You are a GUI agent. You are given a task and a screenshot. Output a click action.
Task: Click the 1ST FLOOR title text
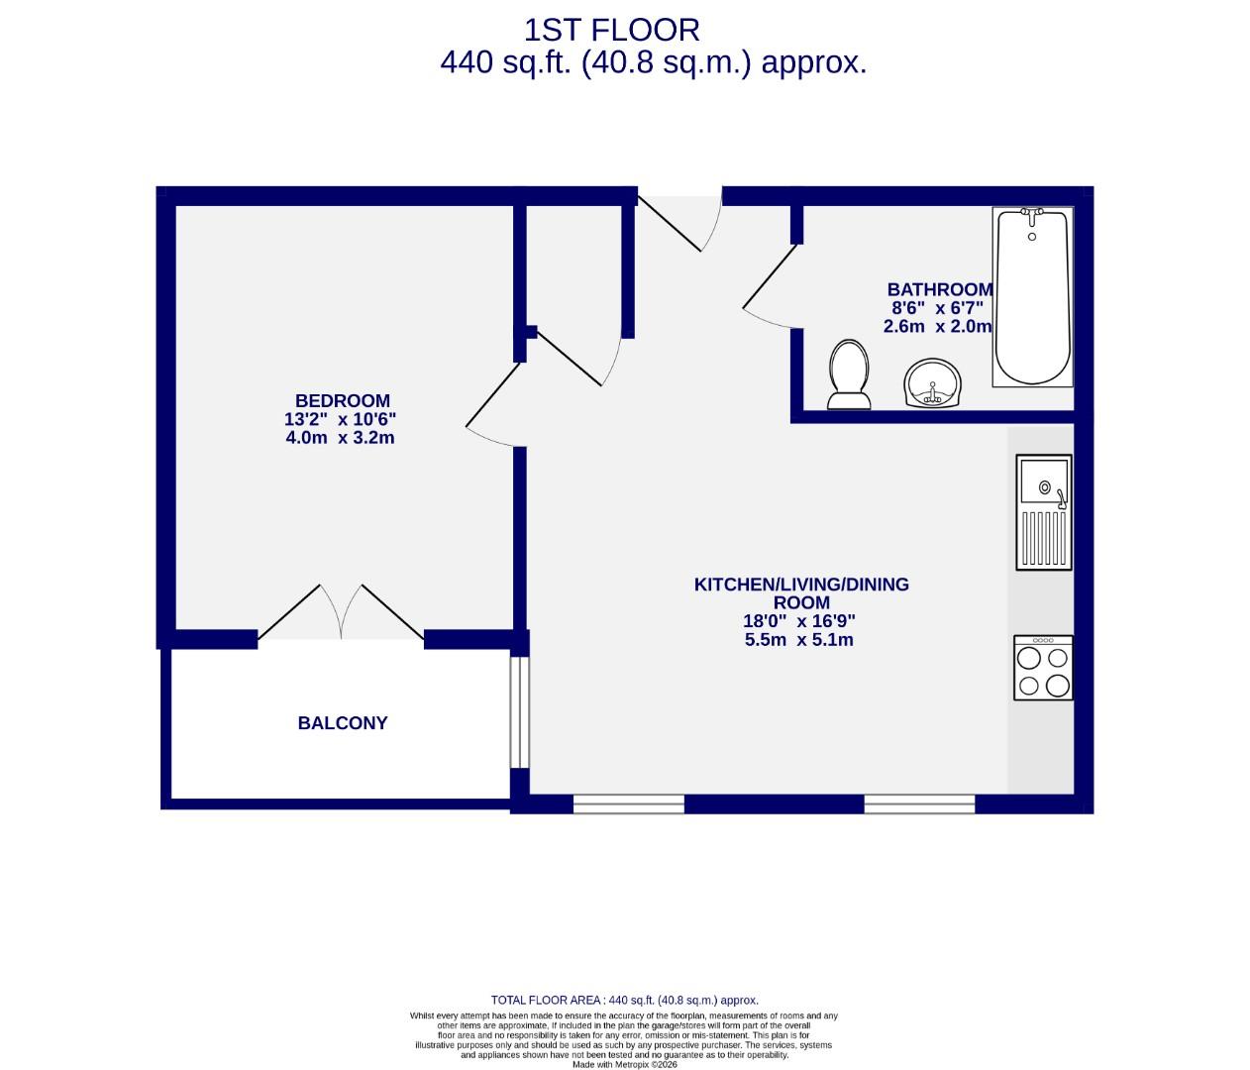611,30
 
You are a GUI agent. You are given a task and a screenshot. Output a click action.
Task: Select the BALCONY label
343,723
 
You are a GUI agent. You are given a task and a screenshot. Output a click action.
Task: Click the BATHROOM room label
939,289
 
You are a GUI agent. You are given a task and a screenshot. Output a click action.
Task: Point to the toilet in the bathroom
849,374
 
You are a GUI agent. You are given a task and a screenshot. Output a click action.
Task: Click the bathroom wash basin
932,382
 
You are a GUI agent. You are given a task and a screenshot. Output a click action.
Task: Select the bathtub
1032,297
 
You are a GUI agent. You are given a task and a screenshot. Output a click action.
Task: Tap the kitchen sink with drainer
1043,512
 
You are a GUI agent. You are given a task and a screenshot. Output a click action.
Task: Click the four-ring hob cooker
1043,668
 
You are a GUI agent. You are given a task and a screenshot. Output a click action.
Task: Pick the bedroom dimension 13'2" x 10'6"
340,419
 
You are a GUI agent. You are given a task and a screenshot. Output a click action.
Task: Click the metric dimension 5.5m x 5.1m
798,640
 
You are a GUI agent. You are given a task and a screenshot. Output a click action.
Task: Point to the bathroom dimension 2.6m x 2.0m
937,326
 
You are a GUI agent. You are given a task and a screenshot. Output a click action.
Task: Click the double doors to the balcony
341,612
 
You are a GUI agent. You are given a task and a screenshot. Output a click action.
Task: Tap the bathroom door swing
769,287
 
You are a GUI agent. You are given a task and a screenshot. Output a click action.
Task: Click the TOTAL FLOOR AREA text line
624,1001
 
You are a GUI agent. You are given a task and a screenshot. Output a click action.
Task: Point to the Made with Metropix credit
624,1064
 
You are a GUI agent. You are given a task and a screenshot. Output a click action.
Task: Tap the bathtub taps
1032,214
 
